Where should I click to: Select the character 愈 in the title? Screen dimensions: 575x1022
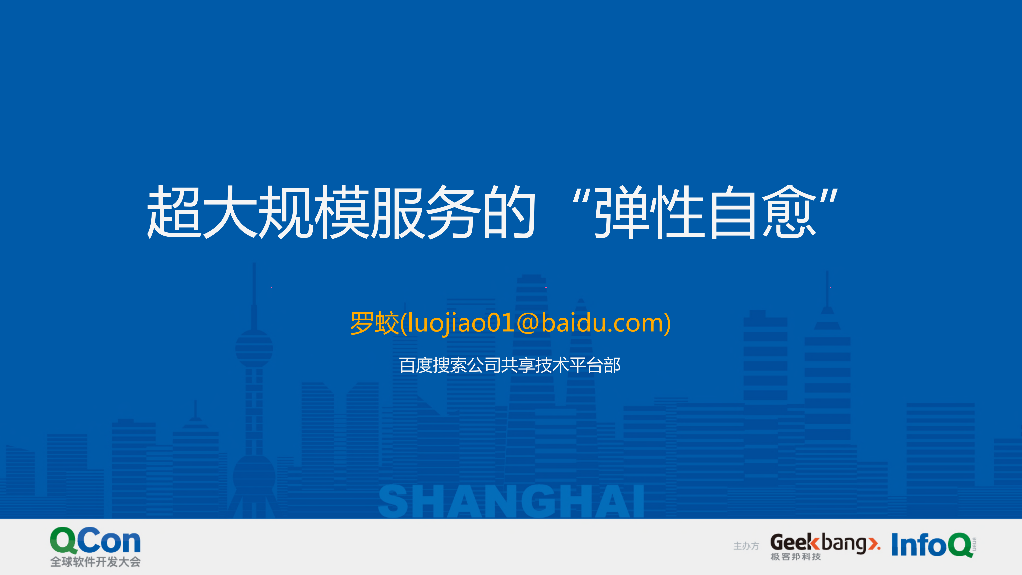[x=790, y=212]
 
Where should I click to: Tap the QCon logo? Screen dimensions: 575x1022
[x=95, y=540]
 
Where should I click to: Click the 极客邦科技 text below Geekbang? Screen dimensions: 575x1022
[x=795, y=557]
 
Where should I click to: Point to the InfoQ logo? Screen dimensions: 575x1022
[x=932, y=544]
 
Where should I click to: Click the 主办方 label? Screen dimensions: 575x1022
[x=746, y=546]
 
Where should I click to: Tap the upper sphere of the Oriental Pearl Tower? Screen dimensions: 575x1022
[x=254, y=348]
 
